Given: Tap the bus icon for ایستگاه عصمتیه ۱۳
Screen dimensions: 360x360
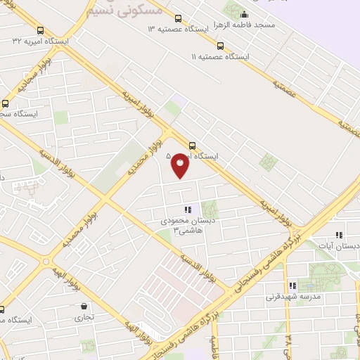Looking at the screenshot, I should point(177,19).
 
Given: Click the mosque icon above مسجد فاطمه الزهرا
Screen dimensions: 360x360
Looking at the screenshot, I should point(244,15).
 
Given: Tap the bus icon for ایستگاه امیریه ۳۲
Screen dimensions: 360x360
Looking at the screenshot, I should point(41,31).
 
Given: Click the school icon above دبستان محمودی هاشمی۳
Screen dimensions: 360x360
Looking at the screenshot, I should point(187,210).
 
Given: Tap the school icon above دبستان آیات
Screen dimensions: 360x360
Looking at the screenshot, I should point(339,236).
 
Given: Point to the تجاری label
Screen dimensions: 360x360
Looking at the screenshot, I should point(84,317).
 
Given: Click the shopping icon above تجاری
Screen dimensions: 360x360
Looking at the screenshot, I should point(84,307).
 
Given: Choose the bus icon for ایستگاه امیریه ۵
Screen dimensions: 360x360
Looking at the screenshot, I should point(192,145).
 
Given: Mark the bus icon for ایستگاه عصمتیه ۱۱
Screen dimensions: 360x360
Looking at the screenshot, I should point(220,46).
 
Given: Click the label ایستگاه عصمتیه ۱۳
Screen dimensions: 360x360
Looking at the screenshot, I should point(179,30).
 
